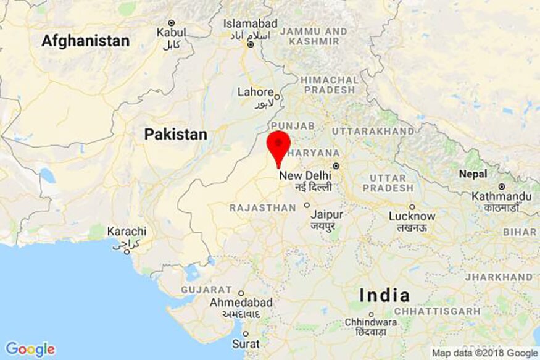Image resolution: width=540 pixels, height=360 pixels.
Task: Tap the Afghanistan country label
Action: click(x=86, y=41)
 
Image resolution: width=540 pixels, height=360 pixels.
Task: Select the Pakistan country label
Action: click(x=175, y=134)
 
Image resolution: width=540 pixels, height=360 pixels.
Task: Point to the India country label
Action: click(x=384, y=295)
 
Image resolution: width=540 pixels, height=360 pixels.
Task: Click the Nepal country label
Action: click(x=473, y=174)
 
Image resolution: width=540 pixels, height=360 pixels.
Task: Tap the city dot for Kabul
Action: click(x=172, y=22)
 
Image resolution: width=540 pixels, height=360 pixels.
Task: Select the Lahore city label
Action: click(x=255, y=92)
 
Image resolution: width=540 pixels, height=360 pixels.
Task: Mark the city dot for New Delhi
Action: click(x=336, y=165)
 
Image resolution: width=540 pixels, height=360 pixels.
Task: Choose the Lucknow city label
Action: click(x=412, y=217)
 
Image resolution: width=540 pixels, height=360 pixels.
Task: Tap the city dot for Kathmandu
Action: click(x=502, y=186)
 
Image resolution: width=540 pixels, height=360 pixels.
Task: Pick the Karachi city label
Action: click(x=127, y=232)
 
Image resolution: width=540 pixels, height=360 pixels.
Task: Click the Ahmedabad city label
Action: click(x=241, y=303)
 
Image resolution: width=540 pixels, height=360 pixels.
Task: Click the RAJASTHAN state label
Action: click(x=263, y=208)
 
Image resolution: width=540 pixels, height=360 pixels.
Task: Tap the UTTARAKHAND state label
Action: click(x=373, y=132)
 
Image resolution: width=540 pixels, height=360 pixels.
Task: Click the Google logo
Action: click(x=30, y=349)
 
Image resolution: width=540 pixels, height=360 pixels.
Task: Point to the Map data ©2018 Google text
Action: click(x=484, y=353)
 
